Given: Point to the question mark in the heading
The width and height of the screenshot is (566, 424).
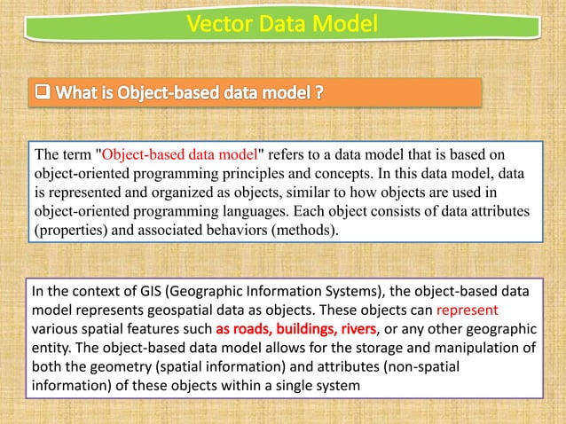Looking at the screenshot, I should [x=316, y=90].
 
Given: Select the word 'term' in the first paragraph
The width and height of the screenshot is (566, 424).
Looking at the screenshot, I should [x=79, y=155].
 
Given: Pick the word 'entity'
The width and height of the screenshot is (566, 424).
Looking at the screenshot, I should [x=51, y=349].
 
